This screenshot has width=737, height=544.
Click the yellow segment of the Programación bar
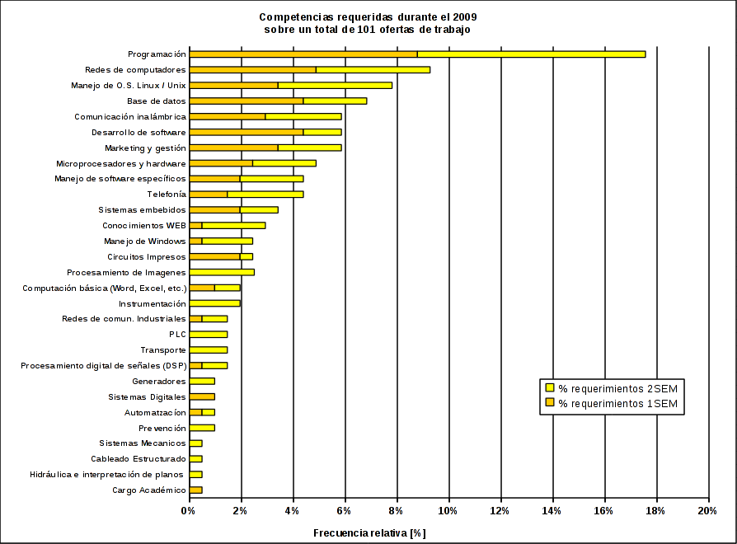pos(531,54)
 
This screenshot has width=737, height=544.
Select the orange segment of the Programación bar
pos(303,54)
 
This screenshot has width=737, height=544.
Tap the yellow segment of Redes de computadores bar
pos(373,70)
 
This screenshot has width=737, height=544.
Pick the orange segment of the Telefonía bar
pos(209,195)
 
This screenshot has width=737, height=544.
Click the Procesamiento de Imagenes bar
pos(222,272)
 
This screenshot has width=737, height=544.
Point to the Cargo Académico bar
pos(195,490)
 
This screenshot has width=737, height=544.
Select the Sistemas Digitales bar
pos(202,396)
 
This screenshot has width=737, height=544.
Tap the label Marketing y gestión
pos(145,148)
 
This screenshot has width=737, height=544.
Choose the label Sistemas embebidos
pos(142,210)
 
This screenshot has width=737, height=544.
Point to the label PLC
pos(177,335)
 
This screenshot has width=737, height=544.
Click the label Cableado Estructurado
pos(138,459)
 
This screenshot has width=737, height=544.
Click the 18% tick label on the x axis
pos(656,511)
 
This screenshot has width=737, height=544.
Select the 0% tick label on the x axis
pos(189,511)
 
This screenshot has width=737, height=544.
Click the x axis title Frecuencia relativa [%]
pos(368,532)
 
